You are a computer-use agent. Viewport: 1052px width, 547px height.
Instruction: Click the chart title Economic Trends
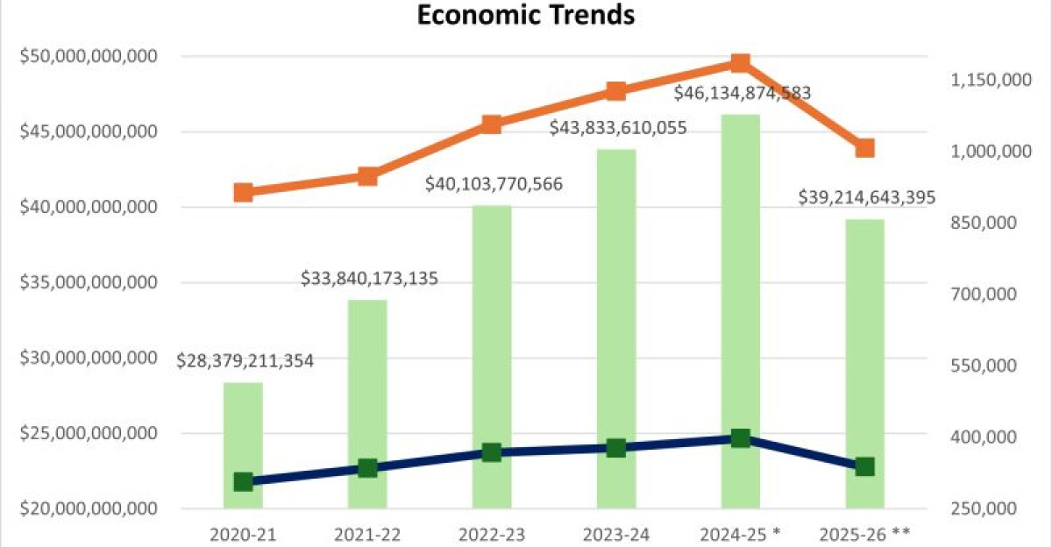[x=525, y=15]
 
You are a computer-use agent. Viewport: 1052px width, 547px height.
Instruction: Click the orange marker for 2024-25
[x=740, y=62]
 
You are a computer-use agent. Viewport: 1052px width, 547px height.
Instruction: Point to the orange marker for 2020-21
[x=244, y=193]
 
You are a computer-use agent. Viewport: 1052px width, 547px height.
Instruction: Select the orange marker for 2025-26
[x=864, y=148]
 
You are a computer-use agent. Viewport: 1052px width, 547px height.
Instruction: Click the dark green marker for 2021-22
[x=368, y=468]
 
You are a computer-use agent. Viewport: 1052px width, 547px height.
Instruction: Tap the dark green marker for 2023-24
[x=616, y=448]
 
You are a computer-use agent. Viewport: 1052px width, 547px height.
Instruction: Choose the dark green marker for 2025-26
[x=864, y=466]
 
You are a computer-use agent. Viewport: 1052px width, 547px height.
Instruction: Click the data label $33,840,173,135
[x=369, y=280]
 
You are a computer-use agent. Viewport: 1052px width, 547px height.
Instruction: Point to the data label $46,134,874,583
[x=742, y=93]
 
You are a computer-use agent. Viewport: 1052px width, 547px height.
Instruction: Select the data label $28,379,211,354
[x=245, y=361]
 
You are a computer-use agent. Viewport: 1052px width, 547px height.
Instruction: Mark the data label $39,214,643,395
[x=866, y=197]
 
